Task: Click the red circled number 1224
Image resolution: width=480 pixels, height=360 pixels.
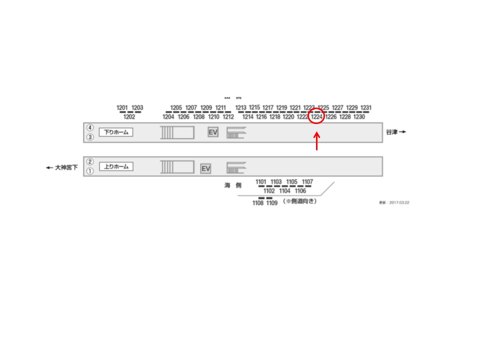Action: (x=316, y=117)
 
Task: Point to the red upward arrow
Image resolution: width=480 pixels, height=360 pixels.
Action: (x=316, y=141)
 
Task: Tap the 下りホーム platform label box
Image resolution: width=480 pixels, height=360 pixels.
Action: (x=116, y=132)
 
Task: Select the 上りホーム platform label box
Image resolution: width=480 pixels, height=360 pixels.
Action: (x=116, y=166)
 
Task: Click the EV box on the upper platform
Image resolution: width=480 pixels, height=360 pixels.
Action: (x=213, y=132)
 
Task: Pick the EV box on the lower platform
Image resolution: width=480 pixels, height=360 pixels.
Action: (x=205, y=169)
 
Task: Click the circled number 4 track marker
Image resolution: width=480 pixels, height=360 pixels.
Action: (x=90, y=127)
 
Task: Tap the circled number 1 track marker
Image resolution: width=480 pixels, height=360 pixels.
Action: (x=90, y=171)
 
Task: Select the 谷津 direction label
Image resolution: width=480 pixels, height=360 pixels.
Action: (x=395, y=132)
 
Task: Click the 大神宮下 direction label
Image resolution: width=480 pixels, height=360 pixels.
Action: (x=62, y=168)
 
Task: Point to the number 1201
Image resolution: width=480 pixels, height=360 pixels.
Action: (x=122, y=107)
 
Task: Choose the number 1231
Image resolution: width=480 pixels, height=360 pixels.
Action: (x=366, y=107)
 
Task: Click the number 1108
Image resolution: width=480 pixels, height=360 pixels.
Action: (x=258, y=203)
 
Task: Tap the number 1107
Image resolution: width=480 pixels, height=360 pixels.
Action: (x=308, y=182)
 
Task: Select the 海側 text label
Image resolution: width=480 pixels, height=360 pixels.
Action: (x=233, y=185)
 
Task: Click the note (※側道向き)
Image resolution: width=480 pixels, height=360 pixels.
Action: (x=300, y=201)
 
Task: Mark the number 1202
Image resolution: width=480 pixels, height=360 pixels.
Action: (x=129, y=117)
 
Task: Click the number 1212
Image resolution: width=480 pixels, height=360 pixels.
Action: (x=228, y=117)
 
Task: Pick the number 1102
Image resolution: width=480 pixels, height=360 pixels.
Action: (x=269, y=191)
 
